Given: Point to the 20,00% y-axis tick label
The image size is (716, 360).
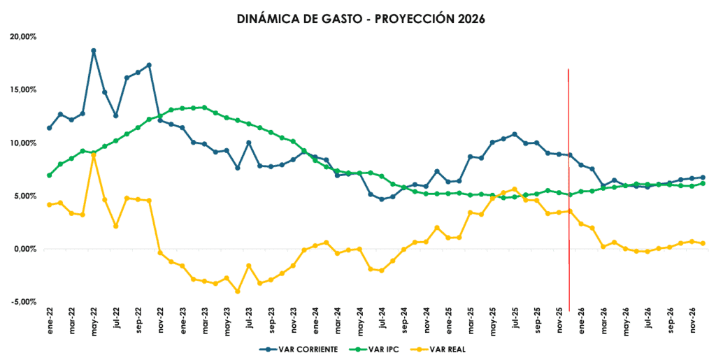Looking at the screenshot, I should [x=22, y=36].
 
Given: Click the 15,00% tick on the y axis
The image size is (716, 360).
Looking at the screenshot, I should [x=22, y=89].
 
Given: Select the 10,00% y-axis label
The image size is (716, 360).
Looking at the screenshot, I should [x=22, y=143].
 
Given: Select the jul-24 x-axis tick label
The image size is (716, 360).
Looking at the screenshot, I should [x=382, y=322].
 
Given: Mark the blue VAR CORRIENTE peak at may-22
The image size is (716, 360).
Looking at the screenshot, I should [x=94, y=50].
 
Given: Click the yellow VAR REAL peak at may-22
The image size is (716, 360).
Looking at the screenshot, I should [x=94, y=155].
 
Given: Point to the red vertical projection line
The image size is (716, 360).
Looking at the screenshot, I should [x=568, y=189].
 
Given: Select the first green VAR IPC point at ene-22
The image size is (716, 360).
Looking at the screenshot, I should [x=49, y=175].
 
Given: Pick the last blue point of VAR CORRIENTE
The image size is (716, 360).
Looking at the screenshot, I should [x=703, y=178].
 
